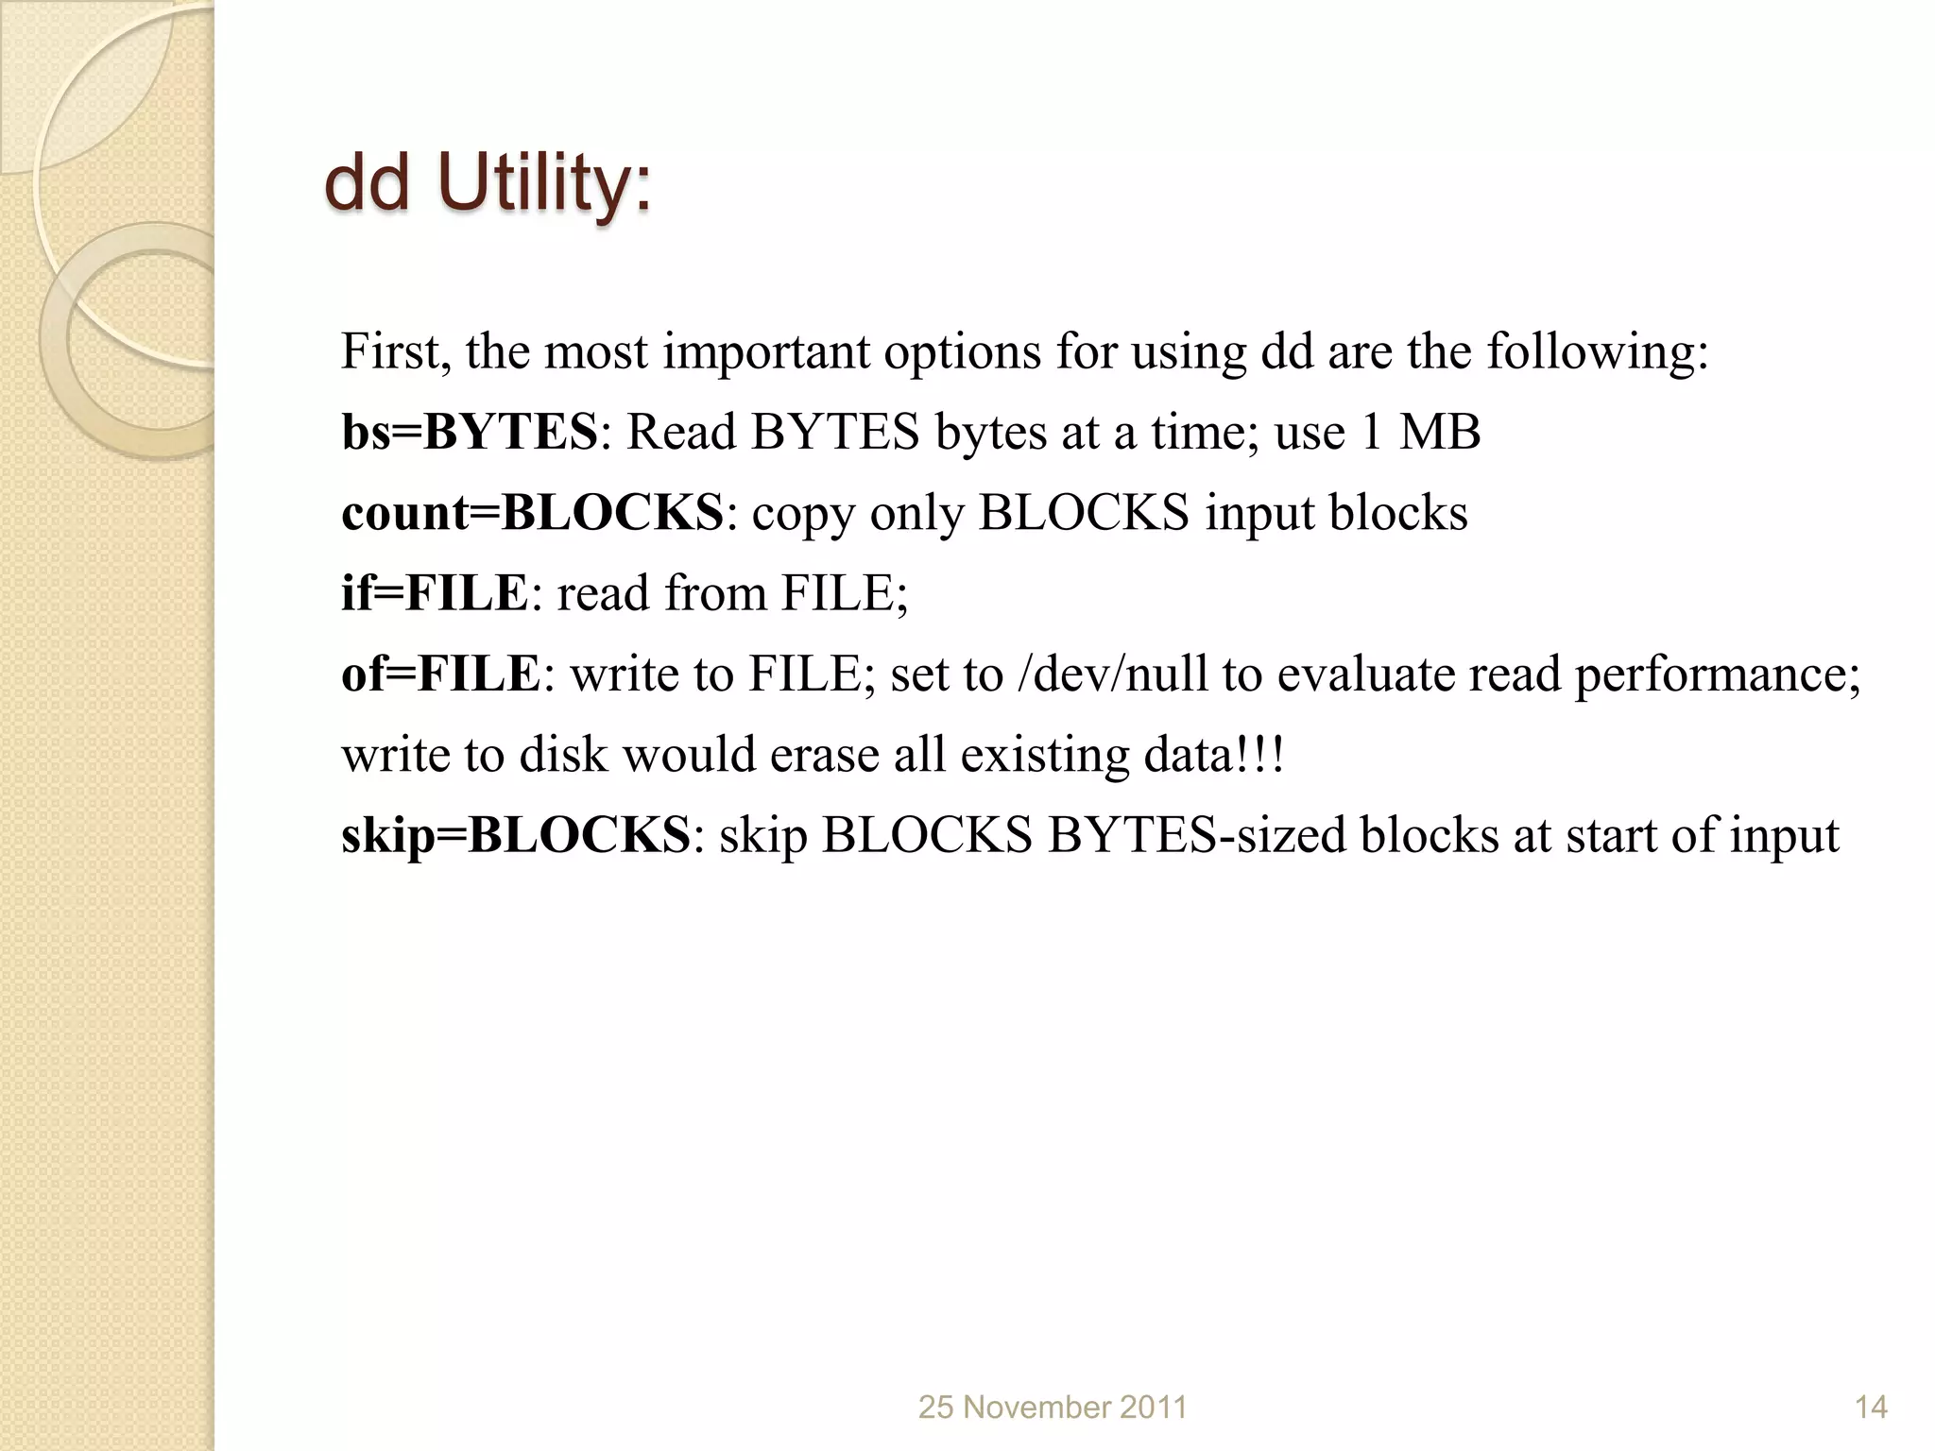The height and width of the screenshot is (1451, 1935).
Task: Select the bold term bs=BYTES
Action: [470, 433]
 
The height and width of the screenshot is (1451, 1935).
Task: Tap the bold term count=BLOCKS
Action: [532, 513]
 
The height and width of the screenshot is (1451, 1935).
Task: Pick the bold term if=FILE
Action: [434, 593]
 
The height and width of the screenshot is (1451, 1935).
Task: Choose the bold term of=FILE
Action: [440, 674]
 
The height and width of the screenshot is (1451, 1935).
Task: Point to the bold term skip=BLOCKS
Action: [515, 835]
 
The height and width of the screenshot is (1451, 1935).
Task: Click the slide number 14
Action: [1871, 1408]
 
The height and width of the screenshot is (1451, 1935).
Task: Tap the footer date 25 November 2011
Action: [1053, 1408]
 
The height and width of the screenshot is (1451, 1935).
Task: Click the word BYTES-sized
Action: [1196, 835]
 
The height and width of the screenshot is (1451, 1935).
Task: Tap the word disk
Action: [563, 756]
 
